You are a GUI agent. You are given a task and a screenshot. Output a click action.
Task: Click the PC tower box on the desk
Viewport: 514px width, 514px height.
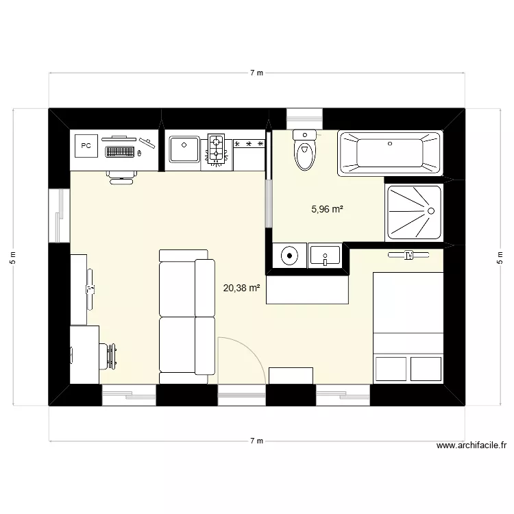pos(86,145)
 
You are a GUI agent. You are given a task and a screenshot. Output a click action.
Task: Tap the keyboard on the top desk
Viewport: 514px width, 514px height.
pos(120,151)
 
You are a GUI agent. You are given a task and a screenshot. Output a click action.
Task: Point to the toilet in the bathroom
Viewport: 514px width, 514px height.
pos(304,150)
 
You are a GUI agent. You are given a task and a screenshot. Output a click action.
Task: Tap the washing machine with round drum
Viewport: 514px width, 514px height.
pos(290,256)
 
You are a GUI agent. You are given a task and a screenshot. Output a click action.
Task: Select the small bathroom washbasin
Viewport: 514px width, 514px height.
pos(325,257)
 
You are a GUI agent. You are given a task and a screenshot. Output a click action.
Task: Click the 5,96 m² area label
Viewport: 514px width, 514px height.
pos(327,210)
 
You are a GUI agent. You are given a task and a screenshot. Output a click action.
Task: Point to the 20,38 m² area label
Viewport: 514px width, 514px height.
pos(241,289)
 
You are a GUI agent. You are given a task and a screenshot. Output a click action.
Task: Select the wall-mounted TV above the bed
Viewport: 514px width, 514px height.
pos(409,256)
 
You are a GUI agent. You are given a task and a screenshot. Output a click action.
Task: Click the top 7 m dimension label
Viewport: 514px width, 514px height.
pos(256,73)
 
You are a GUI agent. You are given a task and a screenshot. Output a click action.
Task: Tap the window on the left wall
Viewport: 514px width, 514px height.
pos(59,216)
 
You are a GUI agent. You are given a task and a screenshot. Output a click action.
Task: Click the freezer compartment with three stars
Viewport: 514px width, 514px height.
pos(249,145)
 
